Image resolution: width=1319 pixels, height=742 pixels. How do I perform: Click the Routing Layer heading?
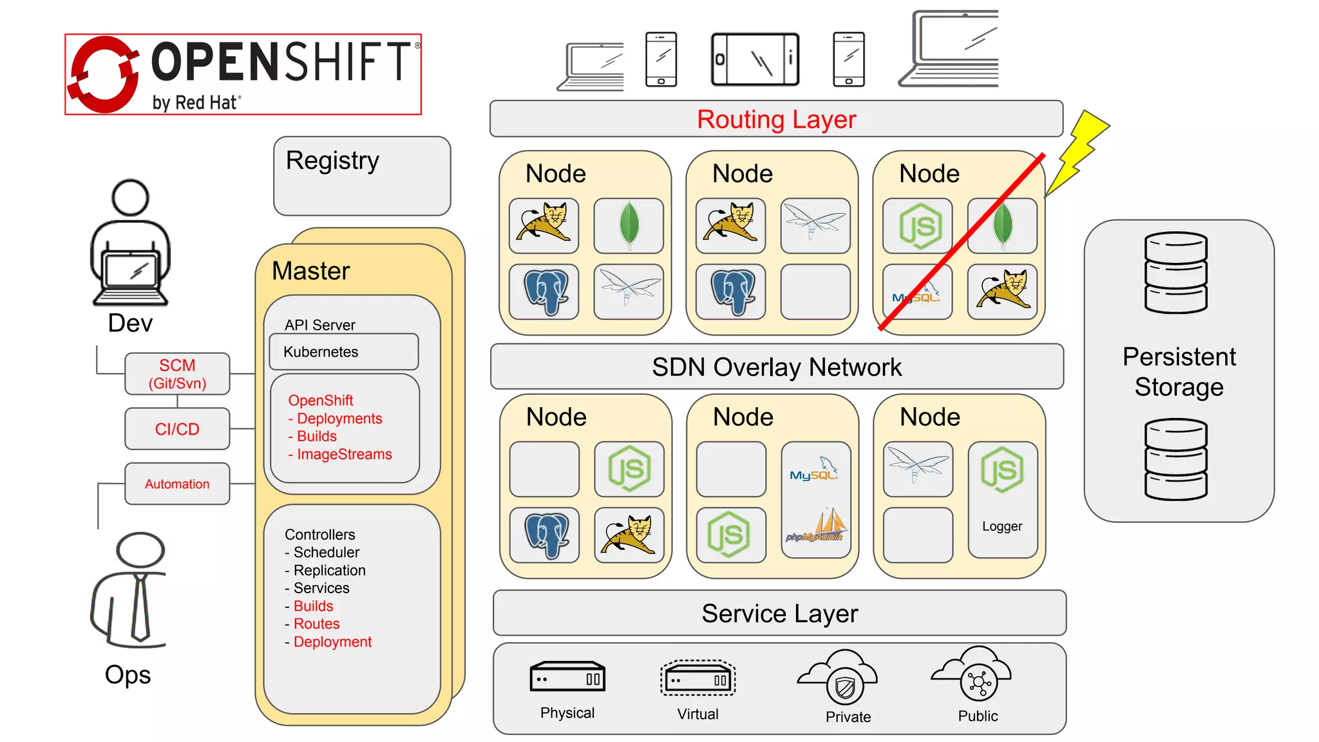pyautogui.click(x=776, y=120)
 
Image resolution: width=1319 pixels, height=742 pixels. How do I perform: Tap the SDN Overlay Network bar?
pyautogui.click(x=776, y=367)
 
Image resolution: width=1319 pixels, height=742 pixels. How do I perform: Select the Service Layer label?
pyautogui.click(x=779, y=614)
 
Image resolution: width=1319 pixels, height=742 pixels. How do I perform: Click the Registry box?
pyautogui.click(x=362, y=176)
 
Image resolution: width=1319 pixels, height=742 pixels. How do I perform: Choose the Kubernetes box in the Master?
pyautogui.click(x=343, y=352)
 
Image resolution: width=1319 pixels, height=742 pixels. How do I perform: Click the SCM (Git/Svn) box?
pyautogui.click(x=177, y=374)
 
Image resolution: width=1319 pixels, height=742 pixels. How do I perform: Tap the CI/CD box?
pyautogui.click(x=177, y=429)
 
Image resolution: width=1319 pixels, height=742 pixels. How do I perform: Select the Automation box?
pyautogui.click(x=177, y=484)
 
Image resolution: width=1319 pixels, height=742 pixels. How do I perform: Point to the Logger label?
pyautogui.click(x=1002, y=526)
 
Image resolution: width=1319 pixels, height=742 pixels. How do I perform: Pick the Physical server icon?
pyautogui.click(x=567, y=677)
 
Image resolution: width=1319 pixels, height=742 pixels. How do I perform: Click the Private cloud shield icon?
pyautogui.click(x=844, y=688)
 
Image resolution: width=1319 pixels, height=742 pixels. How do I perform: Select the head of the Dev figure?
pyautogui.click(x=131, y=198)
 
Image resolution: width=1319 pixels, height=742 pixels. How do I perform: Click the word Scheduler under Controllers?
pyautogui.click(x=327, y=553)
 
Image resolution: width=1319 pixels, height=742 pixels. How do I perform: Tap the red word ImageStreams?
pyautogui.click(x=344, y=455)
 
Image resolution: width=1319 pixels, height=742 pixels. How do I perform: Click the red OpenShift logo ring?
pyautogui.click(x=103, y=74)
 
